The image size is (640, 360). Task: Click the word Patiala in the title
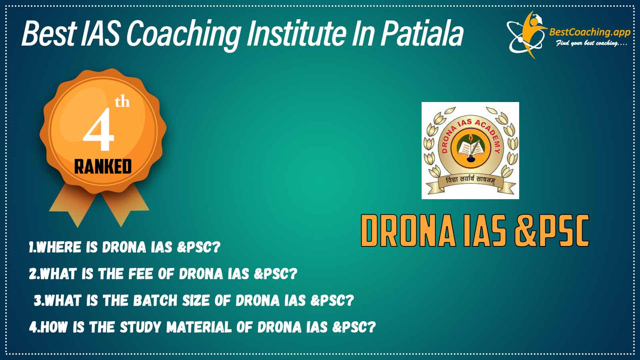(422, 34)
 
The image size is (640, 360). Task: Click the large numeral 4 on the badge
(98, 130)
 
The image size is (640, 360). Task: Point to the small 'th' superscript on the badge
(122, 102)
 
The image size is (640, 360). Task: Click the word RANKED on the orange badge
(103, 167)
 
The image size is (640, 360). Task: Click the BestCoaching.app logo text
(590, 32)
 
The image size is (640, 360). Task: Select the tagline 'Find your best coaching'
(591, 44)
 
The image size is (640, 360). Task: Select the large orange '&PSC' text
(552, 230)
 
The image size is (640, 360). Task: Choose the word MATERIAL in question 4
(199, 327)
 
